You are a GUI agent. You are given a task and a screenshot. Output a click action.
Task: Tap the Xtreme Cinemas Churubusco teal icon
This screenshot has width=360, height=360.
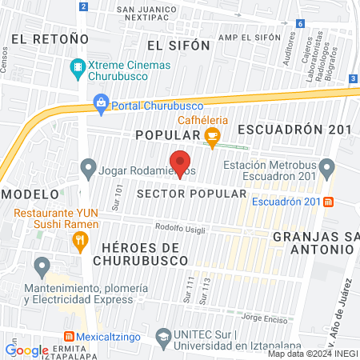pyautogui.click(x=78, y=66)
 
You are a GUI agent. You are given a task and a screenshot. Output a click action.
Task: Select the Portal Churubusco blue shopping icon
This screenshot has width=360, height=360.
pyautogui.click(x=101, y=102)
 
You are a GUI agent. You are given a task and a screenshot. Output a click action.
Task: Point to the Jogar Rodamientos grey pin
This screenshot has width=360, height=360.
pyautogui.click(x=88, y=169)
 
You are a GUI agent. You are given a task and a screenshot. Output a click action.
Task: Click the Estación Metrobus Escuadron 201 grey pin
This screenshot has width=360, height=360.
pyautogui.click(x=326, y=168)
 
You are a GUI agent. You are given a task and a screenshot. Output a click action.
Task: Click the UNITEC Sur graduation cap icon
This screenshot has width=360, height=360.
pyautogui.click(x=164, y=336)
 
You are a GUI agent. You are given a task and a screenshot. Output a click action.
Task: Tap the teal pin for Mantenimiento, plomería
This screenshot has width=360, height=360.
pyautogui.click(x=41, y=265)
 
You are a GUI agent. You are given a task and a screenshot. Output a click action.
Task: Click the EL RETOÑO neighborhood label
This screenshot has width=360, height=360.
pyautogui.click(x=50, y=38)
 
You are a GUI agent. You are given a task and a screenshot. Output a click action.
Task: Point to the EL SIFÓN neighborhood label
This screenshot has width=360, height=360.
pyautogui.click(x=178, y=46)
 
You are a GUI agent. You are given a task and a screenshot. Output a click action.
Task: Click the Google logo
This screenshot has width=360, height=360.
pyautogui.click(x=26, y=349)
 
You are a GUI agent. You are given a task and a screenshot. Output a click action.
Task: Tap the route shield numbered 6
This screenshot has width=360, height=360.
pyautogui.click(x=299, y=24)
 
